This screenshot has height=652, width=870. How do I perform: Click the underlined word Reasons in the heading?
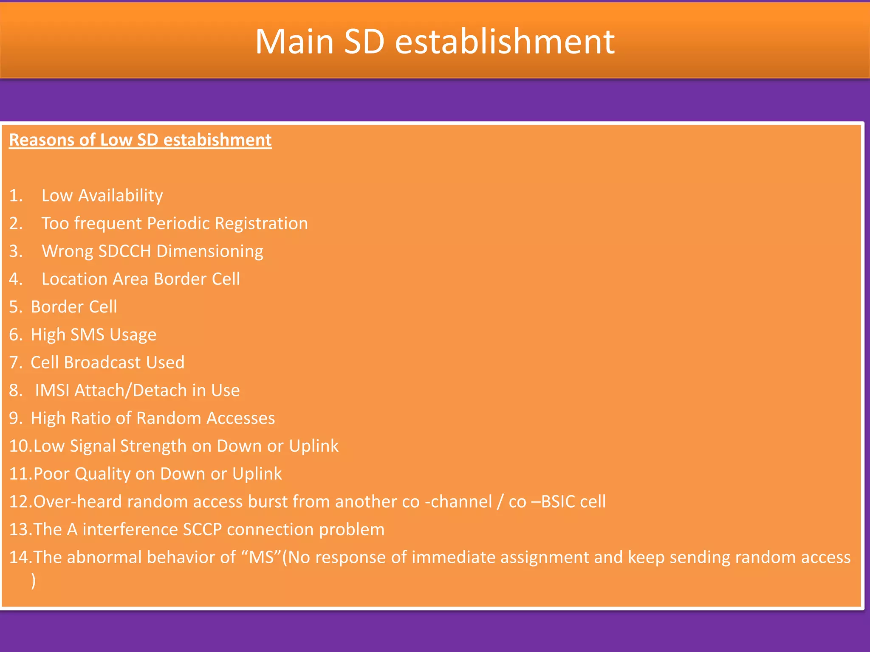tap(41, 140)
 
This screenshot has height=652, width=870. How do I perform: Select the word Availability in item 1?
tap(120, 196)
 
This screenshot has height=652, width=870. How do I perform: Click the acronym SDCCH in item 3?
tap(124, 251)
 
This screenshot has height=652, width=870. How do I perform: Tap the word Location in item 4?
tap(74, 279)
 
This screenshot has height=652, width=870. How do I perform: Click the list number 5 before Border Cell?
tap(14, 307)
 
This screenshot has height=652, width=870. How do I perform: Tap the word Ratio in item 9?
tap(90, 418)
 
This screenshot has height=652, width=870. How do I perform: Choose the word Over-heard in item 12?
tap(78, 502)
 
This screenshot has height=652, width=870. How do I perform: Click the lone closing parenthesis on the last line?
tap(33, 581)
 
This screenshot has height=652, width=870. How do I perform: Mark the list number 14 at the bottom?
tap(19, 557)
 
